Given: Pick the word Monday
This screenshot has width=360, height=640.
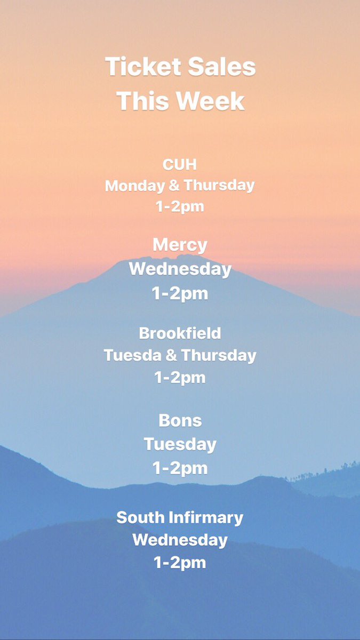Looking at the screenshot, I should [135, 186].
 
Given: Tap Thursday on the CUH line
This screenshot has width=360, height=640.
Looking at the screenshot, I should [219, 186].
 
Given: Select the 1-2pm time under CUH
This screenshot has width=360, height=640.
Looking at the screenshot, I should [180, 206].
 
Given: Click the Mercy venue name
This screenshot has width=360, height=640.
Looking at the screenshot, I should [180, 245].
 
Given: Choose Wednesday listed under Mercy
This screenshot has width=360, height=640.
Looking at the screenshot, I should [180, 269].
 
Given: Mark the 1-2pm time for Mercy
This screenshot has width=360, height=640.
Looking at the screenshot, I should [180, 293].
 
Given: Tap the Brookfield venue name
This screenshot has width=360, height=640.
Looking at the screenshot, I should [180, 333].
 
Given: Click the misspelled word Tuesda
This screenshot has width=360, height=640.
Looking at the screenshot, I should [129, 355].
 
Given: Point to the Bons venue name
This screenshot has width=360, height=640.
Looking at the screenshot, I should [180, 420].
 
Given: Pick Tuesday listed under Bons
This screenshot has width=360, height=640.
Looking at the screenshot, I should [180, 444].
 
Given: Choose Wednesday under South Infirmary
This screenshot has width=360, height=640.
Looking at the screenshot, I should [180, 540].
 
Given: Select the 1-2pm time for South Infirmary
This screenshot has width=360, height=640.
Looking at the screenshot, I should [180, 562].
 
